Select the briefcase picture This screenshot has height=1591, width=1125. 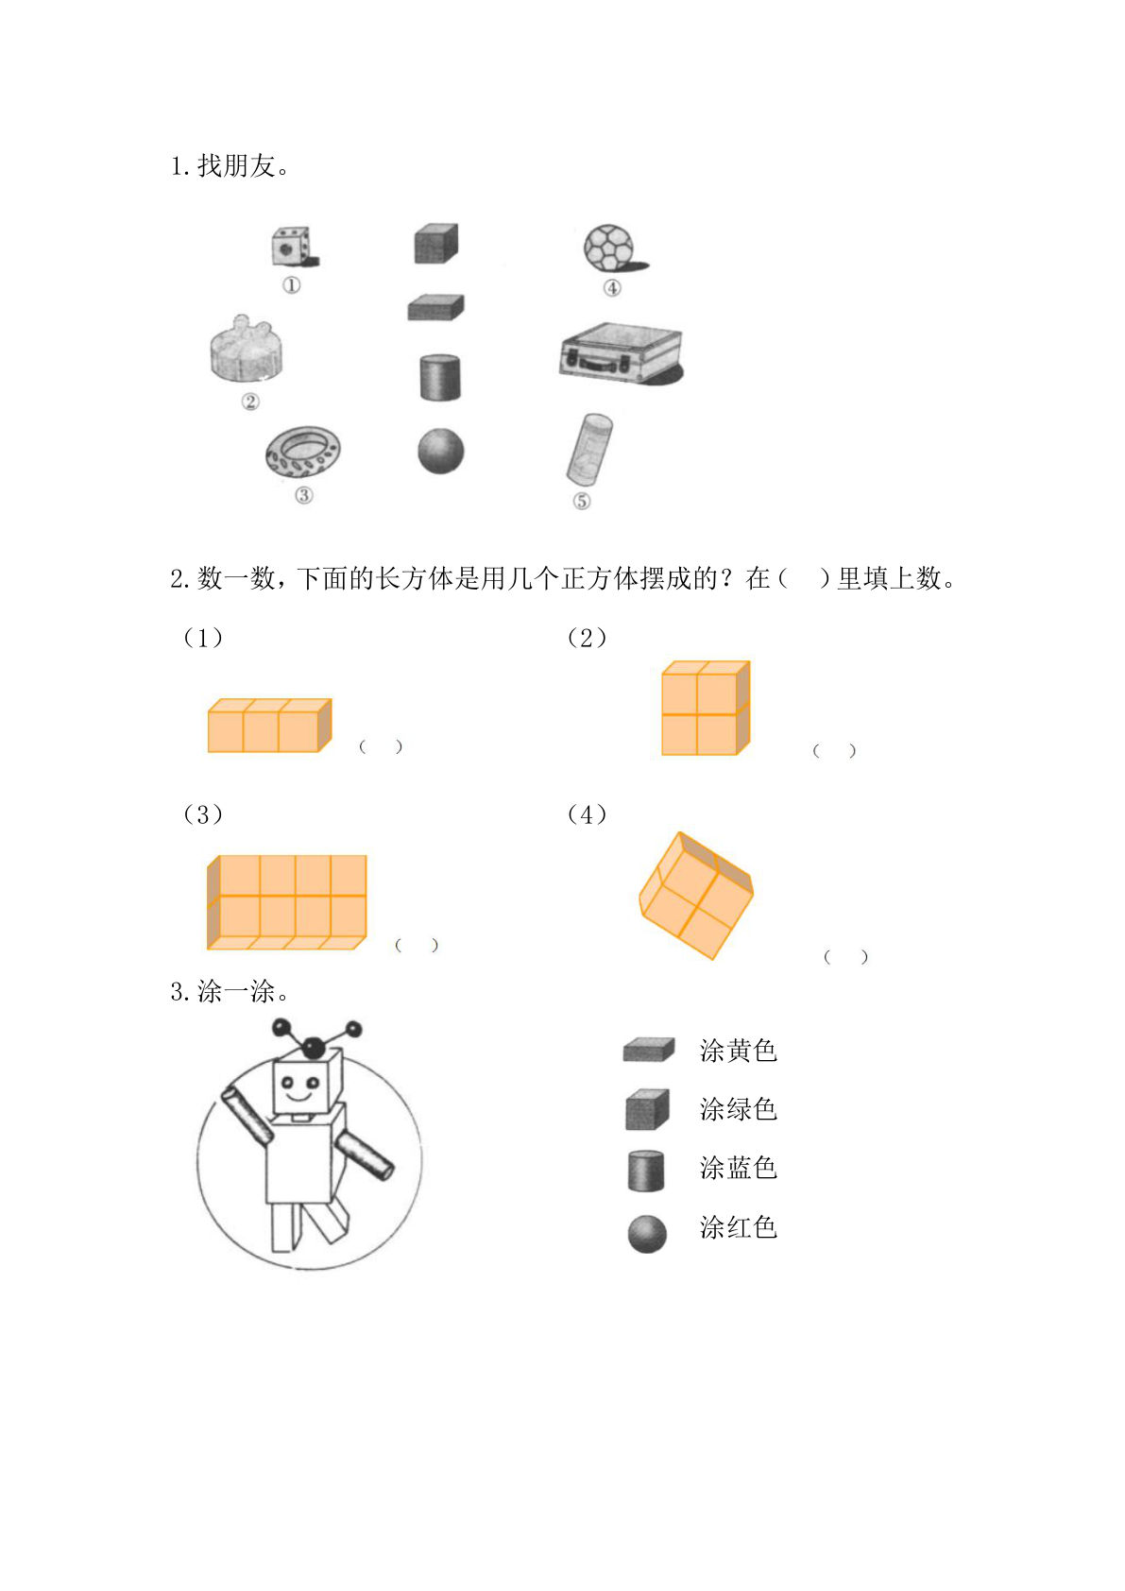click(x=621, y=352)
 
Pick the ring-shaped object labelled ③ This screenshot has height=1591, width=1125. click(x=302, y=453)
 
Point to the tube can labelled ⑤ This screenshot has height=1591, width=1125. click(x=589, y=448)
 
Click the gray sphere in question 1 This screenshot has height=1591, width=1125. click(x=441, y=451)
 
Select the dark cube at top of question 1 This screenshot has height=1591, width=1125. click(x=435, y=244)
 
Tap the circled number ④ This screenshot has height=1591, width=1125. click(x=612, y=288)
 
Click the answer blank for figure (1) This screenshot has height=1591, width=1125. click(x=381, y=746)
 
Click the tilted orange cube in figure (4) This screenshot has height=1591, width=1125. click(x=695, y=895)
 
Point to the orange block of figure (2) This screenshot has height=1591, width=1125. click(x=705, y=709)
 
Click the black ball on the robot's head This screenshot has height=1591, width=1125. click(x=314, y=1047)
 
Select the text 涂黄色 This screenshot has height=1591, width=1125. click(x=738, y=1051)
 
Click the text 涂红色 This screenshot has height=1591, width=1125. click(x=738, y=1228)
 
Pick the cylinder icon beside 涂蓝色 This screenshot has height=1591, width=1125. click(x=646, y=1170)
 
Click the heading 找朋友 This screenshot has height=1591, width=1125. click(x=236, y=166)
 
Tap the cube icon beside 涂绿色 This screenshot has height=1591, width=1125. click(x=647, y=1110)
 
